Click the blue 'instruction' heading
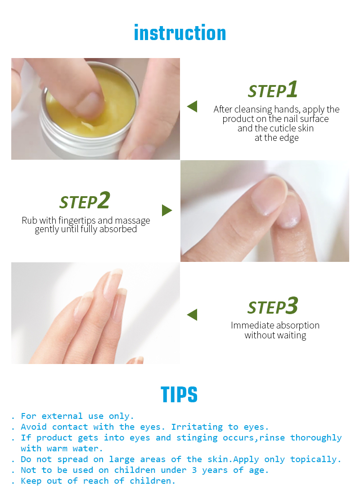point(180,33)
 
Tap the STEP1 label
point(273,90)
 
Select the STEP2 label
point(85,200)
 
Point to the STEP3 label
point(273,306)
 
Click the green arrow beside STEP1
point(192,106)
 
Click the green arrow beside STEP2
point(167,211)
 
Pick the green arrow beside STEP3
point(192,315)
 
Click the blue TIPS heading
point(179,395)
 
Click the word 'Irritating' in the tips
point(197,427)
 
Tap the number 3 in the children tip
point(194,470)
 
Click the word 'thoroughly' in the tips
point(316,438)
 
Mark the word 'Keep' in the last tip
point(31,481)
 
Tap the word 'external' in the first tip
point(62,416)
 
